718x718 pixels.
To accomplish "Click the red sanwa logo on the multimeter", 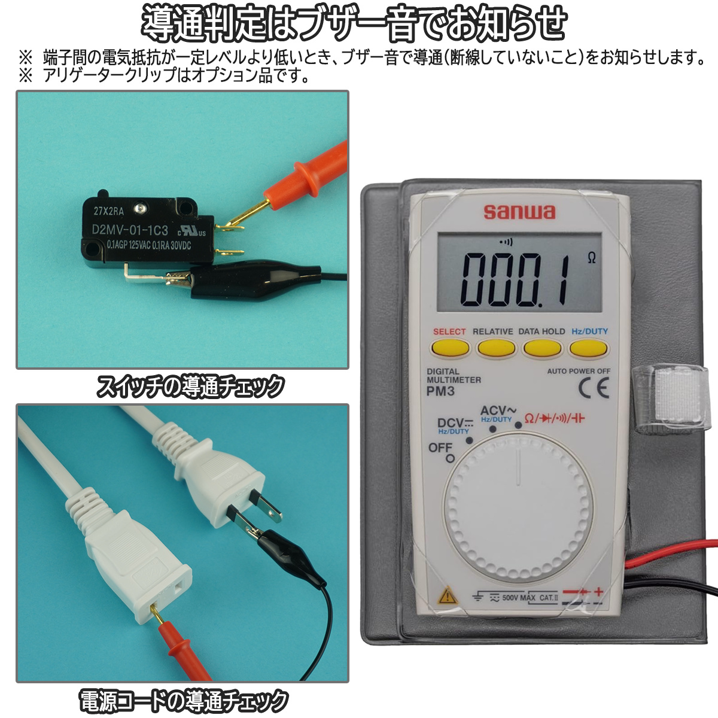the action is pos(519,212).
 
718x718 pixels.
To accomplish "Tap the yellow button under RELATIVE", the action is pos(496,348).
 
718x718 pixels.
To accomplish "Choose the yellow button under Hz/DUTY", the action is pos(588,348).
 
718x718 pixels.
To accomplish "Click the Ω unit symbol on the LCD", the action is pos(592,258).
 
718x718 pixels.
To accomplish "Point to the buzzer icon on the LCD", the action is pos(506,242).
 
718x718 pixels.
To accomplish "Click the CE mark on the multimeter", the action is pos(594,388).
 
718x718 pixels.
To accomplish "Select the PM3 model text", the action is pos(440,391).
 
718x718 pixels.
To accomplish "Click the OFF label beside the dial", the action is pos(440,448).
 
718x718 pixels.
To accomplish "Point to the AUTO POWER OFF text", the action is pos(579,371).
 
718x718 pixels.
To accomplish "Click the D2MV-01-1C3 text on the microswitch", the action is pos(130,230).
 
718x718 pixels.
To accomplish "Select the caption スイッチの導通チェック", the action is pos(190,387).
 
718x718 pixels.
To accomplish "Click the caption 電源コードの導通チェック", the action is pos(184,700).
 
